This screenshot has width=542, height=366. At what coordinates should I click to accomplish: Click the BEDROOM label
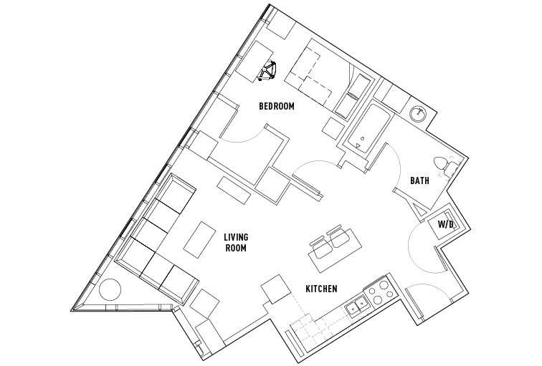point(277,106)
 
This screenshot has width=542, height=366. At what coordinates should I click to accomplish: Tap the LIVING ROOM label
point(236,242)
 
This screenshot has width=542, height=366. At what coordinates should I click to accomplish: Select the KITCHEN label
point(321,289)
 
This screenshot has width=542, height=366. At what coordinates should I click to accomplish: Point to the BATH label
point(419,180)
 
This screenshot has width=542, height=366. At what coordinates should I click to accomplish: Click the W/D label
point(445,224)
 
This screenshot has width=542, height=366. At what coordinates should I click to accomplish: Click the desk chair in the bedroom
point(267,71)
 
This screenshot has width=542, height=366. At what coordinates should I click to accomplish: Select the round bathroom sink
point(419,114)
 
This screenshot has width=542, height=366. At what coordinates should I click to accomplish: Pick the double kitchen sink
point(357,307)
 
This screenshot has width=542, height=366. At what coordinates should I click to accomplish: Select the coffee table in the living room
point(199,240)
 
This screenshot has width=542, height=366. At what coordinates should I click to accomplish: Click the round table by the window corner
point(110,289)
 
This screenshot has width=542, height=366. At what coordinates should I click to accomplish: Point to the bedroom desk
point(255,61)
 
